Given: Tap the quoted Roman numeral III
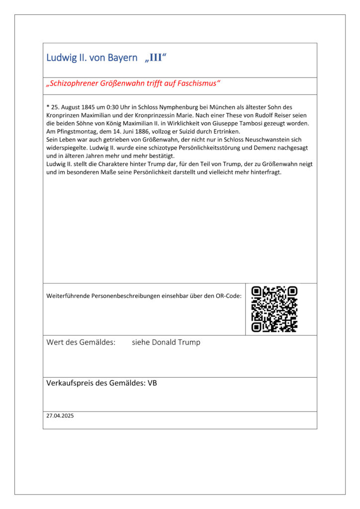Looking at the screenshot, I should click(x=155, y=58).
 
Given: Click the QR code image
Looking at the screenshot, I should click(x=274, y=309).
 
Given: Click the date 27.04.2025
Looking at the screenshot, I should click(x=60, y=416).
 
